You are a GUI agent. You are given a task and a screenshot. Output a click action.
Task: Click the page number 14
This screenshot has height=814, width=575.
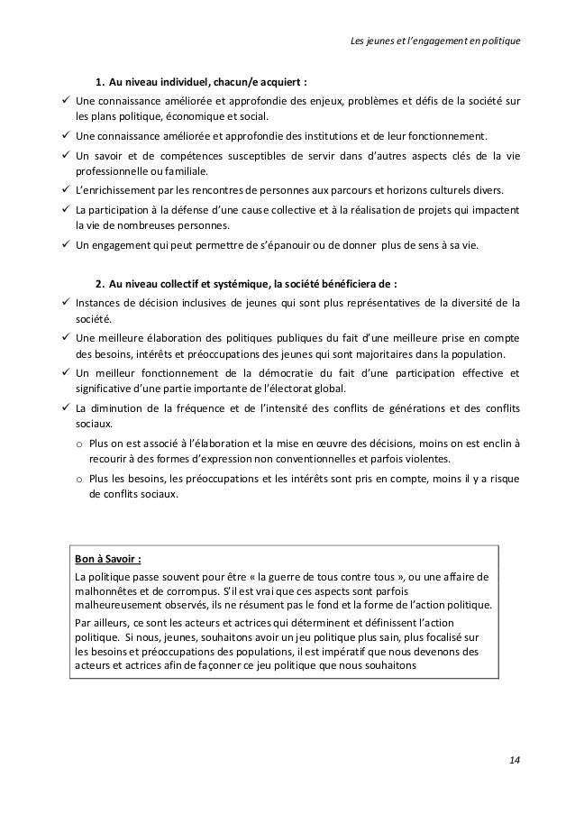pos(514,760)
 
